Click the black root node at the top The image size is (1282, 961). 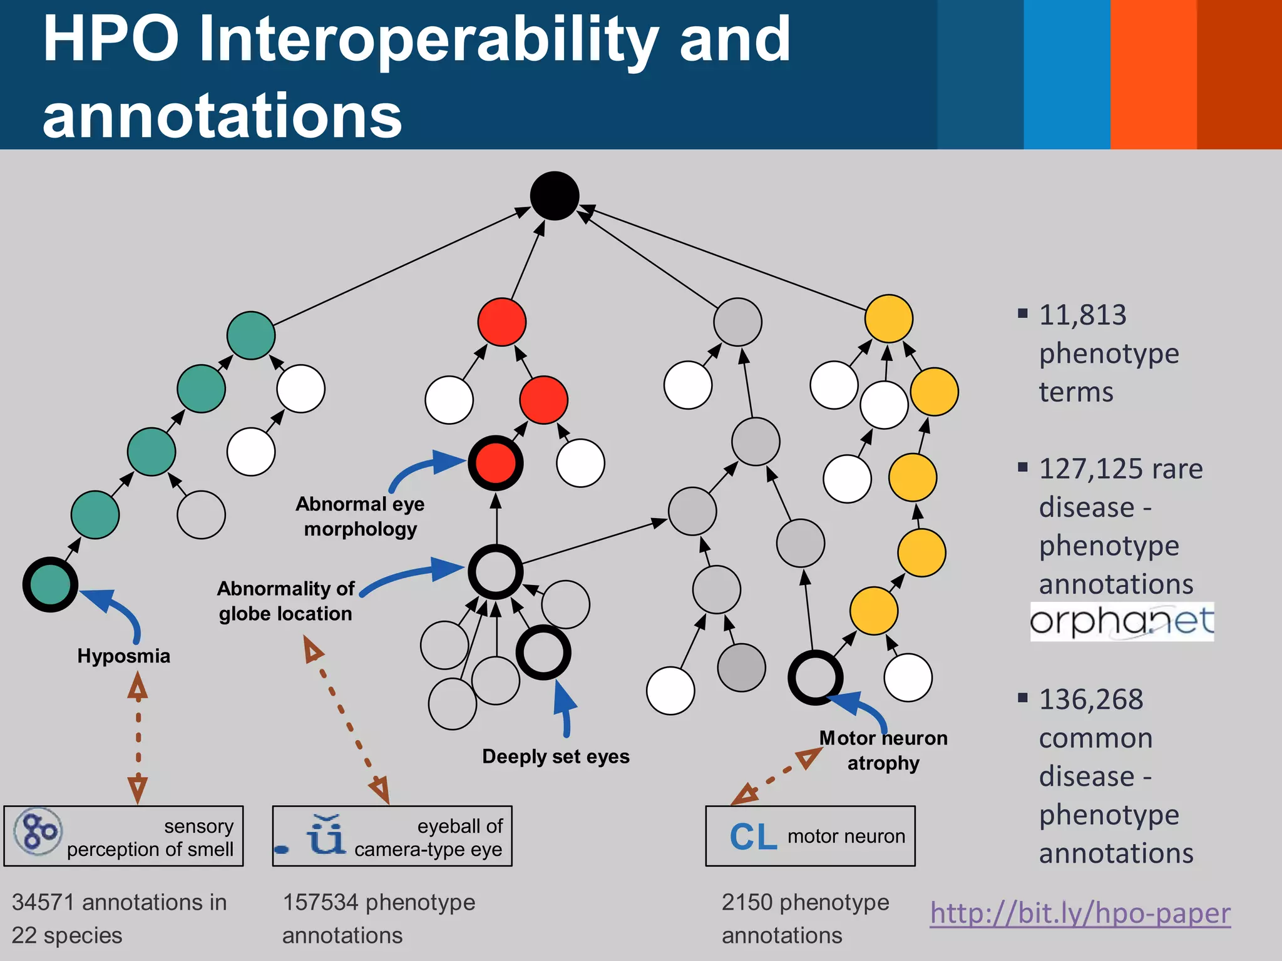click(555, 196)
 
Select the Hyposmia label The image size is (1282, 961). click(123, 656)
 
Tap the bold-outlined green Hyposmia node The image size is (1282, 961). click(50, 584)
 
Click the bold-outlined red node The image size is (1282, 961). click(495, 463)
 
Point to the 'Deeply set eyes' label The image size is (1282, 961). click(555, 757)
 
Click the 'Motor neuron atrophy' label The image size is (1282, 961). click(883, 751)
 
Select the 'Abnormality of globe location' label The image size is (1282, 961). click(285, 601)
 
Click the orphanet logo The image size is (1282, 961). click(1122, 622)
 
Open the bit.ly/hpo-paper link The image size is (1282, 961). click(1080, 913)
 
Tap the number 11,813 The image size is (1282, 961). click(1082, 315)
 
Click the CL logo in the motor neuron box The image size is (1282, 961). click(753, 837)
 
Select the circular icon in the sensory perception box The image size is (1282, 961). click(38, 831)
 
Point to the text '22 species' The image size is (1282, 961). click(67, 936)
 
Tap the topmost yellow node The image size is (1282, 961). click(888, 318)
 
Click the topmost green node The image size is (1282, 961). click(250, 335)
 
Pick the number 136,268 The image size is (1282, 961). click(1090, 700)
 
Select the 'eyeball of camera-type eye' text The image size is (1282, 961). click(428, 838)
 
